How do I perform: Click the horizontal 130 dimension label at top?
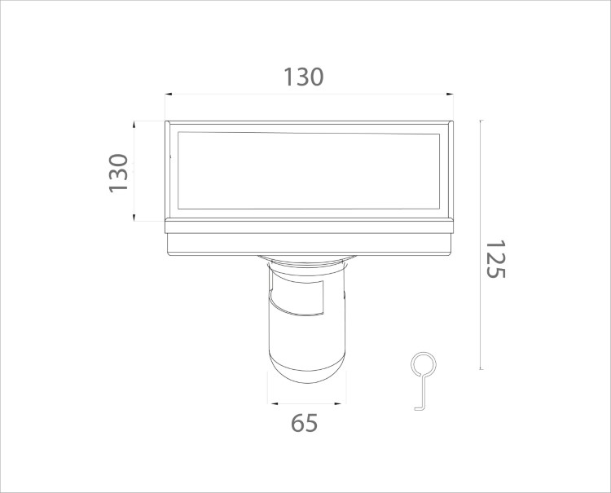coord(303,77)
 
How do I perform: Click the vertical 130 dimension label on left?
coord(118,173)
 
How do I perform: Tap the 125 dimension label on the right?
coord(495,259)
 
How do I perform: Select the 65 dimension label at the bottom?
coord(305,423)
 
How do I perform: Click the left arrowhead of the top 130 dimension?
coord(169,94)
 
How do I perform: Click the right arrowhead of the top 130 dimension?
coord(450,94)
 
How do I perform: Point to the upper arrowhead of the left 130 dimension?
coord(134,125)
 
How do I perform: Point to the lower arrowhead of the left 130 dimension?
coord(134,218)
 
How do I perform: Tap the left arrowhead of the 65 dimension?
coord(274,403)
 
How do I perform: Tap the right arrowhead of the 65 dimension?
coord(338,403)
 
